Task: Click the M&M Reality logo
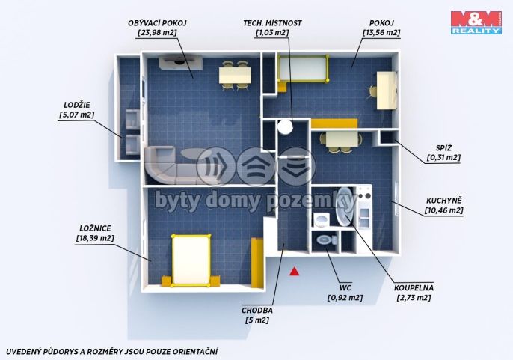[476, 22]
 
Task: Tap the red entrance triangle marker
[295, 271]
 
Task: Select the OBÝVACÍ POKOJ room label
[157, 23]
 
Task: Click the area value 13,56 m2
[381, 33]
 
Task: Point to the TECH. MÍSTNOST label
[272, 23]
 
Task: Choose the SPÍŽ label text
[443, 148]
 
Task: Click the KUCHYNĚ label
[444, 201]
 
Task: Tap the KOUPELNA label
[414, 288]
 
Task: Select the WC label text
[345, 288]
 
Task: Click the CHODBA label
[257, 310]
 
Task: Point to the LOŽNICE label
[95, 228]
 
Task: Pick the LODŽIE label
[77, 105]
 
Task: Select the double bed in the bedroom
[191, 260]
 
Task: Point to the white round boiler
[285, 126]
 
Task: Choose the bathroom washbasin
[322, 219]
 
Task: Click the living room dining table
[236, 76]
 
